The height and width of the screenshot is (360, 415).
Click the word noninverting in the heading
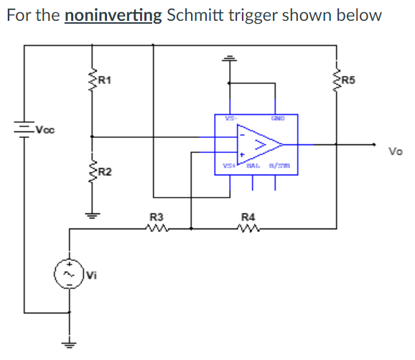(x=113, y=15)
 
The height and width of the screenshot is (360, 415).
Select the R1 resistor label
(x=104, y=79)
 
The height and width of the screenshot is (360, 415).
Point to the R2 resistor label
(x=104, y=172)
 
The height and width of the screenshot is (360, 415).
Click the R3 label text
(x=156, y=217)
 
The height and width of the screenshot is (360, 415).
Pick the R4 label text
(x=248, y=217)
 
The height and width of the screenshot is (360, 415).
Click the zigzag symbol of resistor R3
(x=156, y=229)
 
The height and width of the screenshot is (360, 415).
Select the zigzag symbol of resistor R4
(x=248, y=229)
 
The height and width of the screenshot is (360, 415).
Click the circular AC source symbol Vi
(x=70, y=274)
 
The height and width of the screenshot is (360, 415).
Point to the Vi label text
(x=90, y=274)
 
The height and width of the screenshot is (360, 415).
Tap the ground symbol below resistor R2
(x=91, y=213)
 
